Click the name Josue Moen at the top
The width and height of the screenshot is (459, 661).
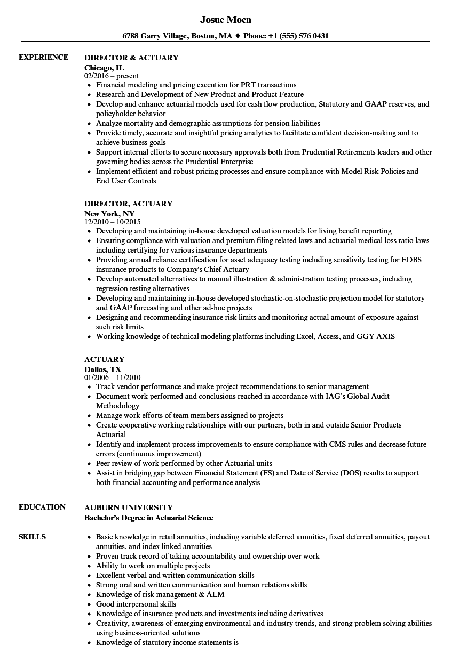[225, 20]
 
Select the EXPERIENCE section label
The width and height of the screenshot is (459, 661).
[43, 57]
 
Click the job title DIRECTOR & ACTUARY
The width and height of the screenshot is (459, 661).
[131, 57]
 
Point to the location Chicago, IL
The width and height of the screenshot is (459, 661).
[105, 67]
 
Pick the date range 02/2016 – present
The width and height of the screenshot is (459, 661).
[112, 76]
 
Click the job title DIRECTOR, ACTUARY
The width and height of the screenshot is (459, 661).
[129, 203]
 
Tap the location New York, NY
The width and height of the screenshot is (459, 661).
[109, 213]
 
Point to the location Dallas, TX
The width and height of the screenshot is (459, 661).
[103, 369]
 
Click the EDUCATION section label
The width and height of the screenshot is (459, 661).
[42, 507]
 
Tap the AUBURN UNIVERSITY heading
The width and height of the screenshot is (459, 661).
[129, 507]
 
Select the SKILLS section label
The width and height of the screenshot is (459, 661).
[32, 537]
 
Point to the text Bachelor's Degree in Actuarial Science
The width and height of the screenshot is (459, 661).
[149, 518]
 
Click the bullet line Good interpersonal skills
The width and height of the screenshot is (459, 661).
[136, 604]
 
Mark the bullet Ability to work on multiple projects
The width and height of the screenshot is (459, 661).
[153, 566]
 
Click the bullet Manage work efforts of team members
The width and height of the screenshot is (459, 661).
[189, 416]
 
